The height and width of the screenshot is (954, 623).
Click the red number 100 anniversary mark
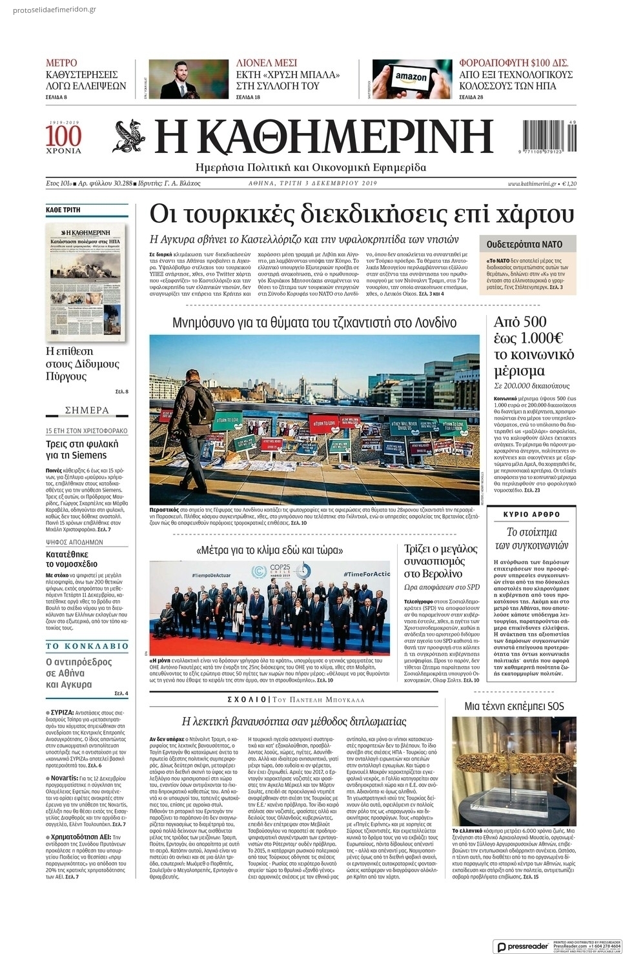tap(63, 136)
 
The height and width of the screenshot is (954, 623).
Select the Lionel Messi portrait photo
tap(188, 79)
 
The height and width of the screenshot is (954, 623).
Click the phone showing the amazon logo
tap(412, 79)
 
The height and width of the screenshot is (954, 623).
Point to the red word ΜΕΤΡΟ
tap(61, 63)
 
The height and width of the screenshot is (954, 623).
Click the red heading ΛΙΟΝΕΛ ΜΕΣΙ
tap(267, 63)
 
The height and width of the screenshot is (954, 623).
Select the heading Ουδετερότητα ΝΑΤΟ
tap(524, 245)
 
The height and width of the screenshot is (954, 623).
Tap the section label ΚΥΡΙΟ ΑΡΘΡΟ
tap(532, 514)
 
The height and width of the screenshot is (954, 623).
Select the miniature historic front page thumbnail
tap(86, 281)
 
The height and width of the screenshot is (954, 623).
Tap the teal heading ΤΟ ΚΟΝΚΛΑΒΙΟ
tap(87, 645)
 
